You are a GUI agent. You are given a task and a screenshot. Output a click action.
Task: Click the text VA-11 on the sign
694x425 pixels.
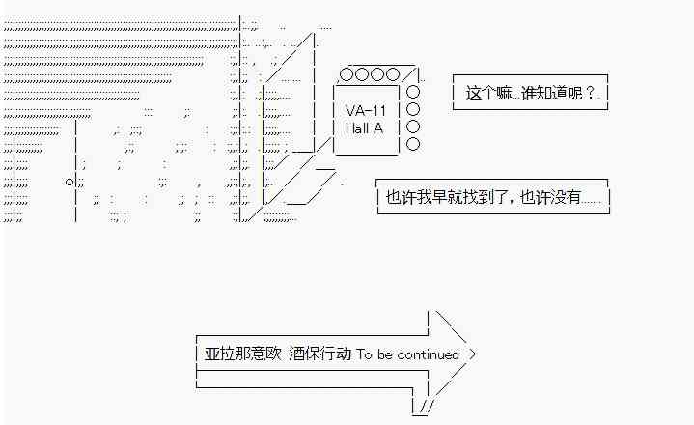(365, 110)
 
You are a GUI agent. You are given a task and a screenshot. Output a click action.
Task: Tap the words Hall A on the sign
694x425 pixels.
(364, 127)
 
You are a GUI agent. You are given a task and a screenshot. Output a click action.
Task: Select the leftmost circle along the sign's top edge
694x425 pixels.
(346, 74)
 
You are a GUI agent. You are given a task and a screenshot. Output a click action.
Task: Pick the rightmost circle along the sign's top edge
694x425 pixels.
(392, 74)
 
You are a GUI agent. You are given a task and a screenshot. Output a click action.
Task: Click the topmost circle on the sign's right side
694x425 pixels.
(413, 92)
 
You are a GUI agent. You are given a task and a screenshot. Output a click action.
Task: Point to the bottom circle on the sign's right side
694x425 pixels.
(413, 144)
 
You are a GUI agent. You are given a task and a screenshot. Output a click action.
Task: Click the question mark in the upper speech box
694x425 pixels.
(590, 94)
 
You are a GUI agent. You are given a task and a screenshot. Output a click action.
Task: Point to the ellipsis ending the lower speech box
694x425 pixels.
(592, 198)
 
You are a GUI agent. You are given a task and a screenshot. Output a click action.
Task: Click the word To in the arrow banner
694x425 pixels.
(363, 354)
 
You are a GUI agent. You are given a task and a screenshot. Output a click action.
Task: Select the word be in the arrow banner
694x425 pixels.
(384, 354)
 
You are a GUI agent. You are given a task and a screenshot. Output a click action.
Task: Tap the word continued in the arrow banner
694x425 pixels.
(427, 354)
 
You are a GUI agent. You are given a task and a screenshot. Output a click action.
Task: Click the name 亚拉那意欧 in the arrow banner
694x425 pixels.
(236, 354)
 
